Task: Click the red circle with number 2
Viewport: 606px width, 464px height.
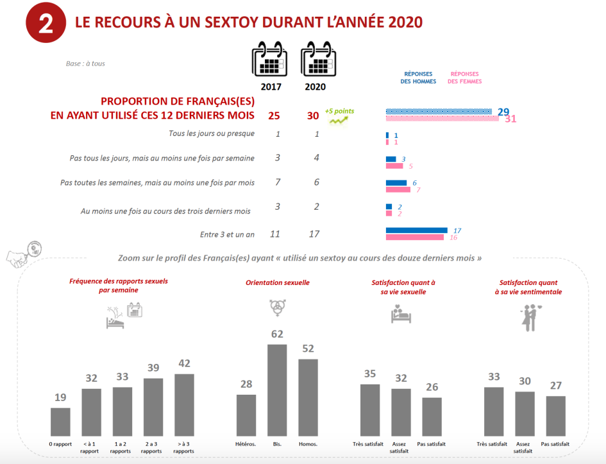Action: pyautogui.click(x=46, y=24)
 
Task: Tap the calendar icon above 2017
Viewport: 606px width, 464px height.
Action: pyautogui.click(x=269, y=59)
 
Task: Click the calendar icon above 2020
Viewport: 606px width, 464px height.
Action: pyautogui.click(x=315, y=59)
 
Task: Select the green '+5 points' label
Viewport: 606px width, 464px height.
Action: pyautogui.click(x=339, y=111)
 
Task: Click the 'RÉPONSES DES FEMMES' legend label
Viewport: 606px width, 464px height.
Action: pyautogui.click(x=466, y=78)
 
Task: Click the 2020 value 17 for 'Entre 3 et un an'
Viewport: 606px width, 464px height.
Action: pyautogui.click(x=315, y=234)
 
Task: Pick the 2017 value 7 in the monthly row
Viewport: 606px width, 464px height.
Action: pyautogui.click(x=277, y=183)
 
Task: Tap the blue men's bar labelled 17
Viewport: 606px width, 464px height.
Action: pyautogui.click(x=416, y=230)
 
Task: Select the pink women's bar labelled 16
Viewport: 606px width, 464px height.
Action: pyautogui.click(x=414, y=237)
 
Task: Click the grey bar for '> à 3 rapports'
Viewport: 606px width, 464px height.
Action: pyautogui.click(x=184, y=404)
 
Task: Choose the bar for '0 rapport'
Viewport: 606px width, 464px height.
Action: pyautogui.click(x=60, y=422)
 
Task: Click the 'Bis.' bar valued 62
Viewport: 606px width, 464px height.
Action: pyautogui.click(x=277, y=390)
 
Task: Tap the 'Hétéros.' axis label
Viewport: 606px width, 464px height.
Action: pyautogui.click(x=246, y=444)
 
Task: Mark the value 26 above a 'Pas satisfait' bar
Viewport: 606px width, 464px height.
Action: pyautogui.click(x=432, y=388)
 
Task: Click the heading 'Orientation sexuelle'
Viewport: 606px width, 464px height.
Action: pyautogui.click(x=278, y=282)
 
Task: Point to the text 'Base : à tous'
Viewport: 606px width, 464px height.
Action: pyautogui.click(x=85, y=64)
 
